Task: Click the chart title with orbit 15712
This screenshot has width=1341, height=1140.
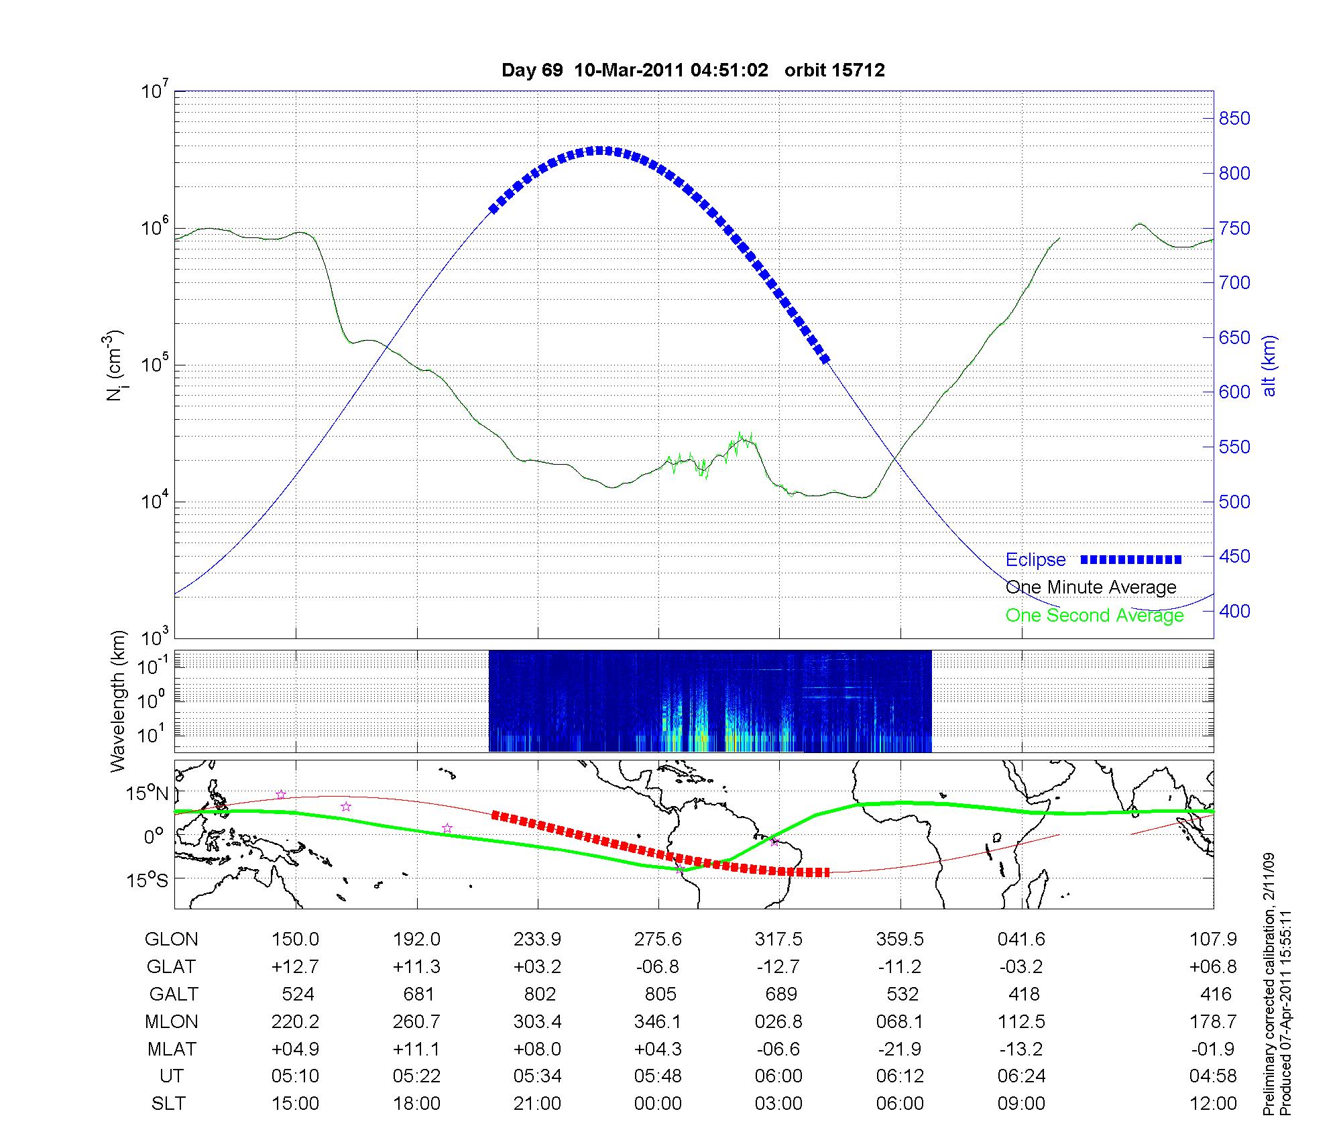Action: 693,70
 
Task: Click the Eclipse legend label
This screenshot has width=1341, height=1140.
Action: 1035,560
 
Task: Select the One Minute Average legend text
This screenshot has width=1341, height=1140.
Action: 1091,587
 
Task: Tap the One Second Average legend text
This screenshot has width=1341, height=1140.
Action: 1094,616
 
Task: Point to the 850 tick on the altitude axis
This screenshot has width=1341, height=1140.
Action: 1234,119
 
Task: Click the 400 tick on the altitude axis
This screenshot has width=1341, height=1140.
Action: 1234,611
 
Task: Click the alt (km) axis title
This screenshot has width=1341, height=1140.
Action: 1269,365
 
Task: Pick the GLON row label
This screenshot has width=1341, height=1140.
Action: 171,939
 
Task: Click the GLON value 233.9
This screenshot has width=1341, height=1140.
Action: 537,939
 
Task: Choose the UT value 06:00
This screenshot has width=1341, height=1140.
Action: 778,1076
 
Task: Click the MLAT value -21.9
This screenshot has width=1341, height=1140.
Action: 900,1049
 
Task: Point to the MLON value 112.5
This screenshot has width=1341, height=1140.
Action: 1021,1022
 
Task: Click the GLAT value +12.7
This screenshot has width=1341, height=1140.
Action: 295,967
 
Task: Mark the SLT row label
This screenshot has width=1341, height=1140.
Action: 168,1104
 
